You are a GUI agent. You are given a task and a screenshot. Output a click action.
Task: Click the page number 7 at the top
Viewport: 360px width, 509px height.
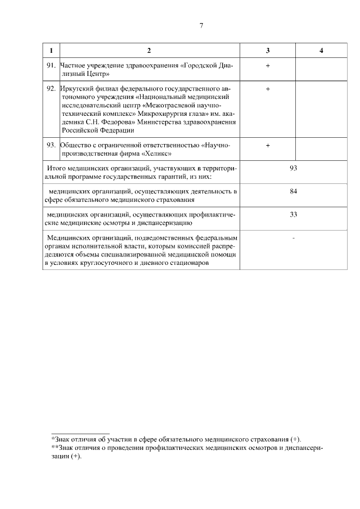click(x=201, y=25)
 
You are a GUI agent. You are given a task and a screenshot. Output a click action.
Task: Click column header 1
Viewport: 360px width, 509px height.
click(x=51, y=51)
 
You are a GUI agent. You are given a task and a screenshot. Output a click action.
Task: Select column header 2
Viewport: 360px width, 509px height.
click(x=149, y=51)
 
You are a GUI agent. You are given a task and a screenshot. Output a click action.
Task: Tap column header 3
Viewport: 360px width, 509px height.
click(x=268, y=51)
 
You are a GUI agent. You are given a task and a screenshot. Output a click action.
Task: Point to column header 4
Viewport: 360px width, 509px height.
click(x=321, y=51)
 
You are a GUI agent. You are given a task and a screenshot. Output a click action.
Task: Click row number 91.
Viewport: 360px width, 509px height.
click(x=51, y=66)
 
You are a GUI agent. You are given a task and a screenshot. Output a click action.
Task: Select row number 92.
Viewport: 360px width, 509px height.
click(x=51, y=89)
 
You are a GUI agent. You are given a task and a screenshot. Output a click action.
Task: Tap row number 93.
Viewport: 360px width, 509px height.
click(x=51, y=145)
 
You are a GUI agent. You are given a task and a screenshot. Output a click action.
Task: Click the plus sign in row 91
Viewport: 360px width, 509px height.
click(x=268, y=66)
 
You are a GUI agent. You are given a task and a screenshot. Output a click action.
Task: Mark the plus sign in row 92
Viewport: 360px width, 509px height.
click(x=268, y=89)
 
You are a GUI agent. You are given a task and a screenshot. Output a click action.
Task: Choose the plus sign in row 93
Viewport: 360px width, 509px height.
click(x=268, y=145)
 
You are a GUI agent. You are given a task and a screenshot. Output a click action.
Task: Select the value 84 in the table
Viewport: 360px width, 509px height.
click(x=293, y=192)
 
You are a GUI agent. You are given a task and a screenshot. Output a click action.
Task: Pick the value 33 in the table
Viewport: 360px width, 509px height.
click(x=293, y=214)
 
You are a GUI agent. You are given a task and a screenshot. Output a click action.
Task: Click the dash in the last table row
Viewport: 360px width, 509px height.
click(x=294, y=238)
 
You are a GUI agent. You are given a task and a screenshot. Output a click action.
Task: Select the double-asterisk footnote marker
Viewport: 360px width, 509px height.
click(x=54, y=447)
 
